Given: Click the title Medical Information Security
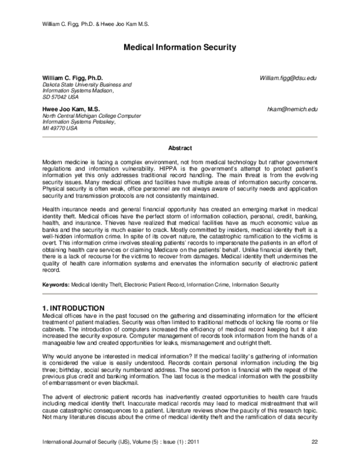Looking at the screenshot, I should click(179, 47).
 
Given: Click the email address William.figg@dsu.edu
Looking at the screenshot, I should click(288, 79).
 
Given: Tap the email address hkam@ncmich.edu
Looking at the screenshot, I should click(292, 110).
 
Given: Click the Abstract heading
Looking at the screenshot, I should click(179, 148).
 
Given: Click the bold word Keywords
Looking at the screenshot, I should click(55, 284).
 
